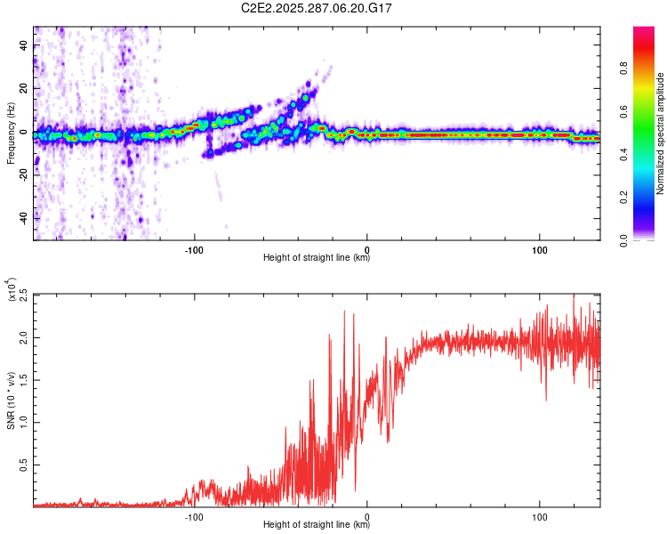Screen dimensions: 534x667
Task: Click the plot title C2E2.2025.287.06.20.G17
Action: pyautogui.click(x=317, y=8)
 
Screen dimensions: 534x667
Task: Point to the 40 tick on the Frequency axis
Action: pyautogui.click(x=24, y=47)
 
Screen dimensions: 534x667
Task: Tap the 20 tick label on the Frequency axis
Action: pyautogui.click(x=24, y=90)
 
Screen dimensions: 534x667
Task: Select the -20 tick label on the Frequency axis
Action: pyautogui.click(x=24, y=175)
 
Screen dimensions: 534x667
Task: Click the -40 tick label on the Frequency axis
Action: pyautogui.click(x=24, y=218)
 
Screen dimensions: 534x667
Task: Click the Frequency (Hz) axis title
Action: pyautogui.click(x=11, y=133)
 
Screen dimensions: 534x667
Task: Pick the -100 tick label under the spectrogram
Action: pyautogui.click(x=194, y=249)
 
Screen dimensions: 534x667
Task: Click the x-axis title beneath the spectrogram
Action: pyautogui.click(x=317, y=258)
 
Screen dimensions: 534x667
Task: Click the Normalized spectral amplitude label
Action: pyautogui.click(x=661, y=133)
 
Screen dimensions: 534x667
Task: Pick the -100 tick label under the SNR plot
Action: pyautogui.click(x=194, y=516)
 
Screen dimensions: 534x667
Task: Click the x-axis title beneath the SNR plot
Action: pyautogui.click(x=317, y=525)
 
